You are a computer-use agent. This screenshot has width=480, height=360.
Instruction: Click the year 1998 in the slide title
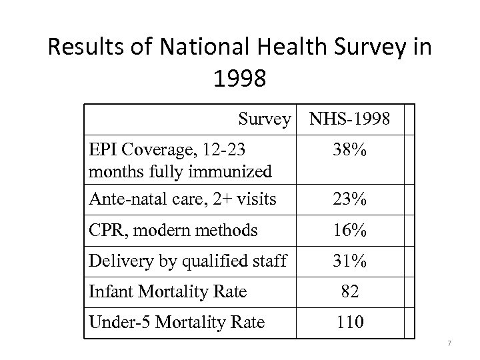pos(240,79)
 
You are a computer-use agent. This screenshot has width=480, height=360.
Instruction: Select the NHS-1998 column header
pos(350,119)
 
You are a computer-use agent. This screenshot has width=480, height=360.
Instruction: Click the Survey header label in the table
pos(265,119)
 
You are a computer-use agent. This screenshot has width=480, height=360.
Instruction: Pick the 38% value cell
pos(350,151)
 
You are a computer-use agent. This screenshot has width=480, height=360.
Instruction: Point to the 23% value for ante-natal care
pos(350,199)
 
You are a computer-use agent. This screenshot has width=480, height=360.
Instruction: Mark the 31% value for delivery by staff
pos(350,261)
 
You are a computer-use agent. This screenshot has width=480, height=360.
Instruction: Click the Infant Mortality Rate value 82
pos(350,291)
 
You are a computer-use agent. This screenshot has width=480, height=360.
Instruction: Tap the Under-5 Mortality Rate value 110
pos(350,323)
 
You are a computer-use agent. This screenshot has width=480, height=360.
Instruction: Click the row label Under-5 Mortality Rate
pos(177,323)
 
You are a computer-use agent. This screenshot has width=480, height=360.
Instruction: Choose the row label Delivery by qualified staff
pos(187,261)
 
